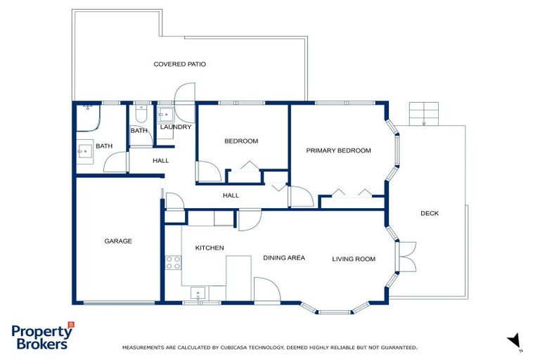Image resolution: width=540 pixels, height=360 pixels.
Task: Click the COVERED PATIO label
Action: (x=179, y=64)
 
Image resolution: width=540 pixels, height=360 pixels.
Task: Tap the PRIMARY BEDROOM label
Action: (x=338, y=150)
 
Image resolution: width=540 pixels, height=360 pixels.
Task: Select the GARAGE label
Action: (x=118, y=241)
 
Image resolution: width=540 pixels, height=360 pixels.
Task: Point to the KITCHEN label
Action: (x=210, y=247)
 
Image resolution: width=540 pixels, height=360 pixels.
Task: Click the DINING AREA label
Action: (x=284, y=258)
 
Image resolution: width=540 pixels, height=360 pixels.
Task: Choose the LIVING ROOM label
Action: (x=354, y=259)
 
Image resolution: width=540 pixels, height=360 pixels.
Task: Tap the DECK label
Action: (x=430, y=213)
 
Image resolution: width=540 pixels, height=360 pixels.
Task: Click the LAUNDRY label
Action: (x=176, y=127)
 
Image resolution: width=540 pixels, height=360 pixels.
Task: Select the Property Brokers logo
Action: (x=42, y=335)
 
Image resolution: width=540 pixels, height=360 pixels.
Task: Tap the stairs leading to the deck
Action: (x=424, y=112)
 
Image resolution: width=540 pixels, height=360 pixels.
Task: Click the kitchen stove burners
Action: (x=172, y=262)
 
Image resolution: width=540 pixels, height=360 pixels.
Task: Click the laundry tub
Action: (x=165, y=114)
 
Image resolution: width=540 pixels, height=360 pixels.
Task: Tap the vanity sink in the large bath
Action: (x=84, y=150)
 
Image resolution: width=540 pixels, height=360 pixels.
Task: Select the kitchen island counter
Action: (x=238, y=270)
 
